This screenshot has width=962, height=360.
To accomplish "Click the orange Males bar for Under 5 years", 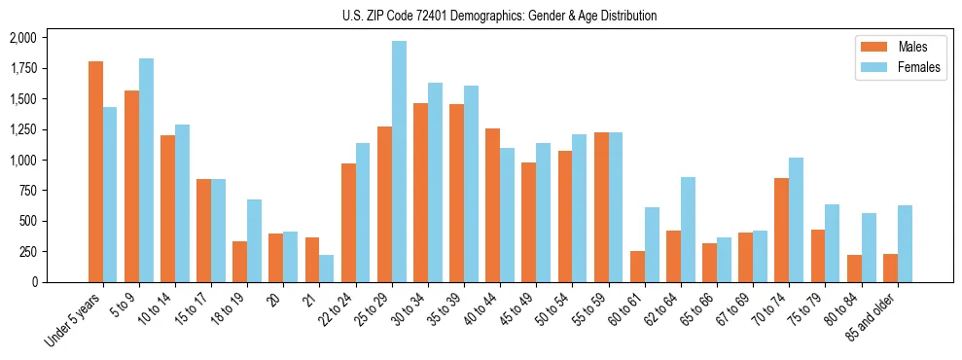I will (95, 171).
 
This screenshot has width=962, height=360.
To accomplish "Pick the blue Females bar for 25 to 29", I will (399, 162).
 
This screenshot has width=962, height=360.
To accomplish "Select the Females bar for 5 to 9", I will (146, 170).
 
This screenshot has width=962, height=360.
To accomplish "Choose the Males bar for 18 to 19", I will (239, 262).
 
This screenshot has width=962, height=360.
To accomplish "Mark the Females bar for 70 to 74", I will (796, 220).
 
